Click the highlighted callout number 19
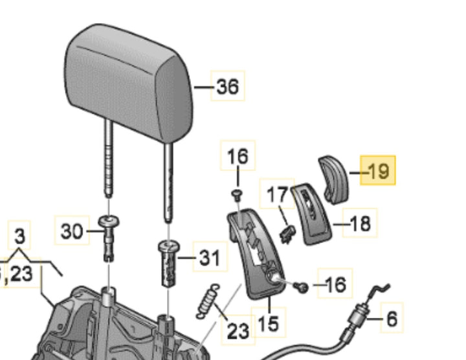[378, 172]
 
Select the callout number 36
[227, 86]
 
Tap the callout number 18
[360, 223]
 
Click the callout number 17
[277, 194]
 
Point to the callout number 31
[208, 259]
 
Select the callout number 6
[391, 318]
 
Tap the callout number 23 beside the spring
[238, 331]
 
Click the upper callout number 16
[238, 156]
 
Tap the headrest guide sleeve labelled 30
[107, 236]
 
